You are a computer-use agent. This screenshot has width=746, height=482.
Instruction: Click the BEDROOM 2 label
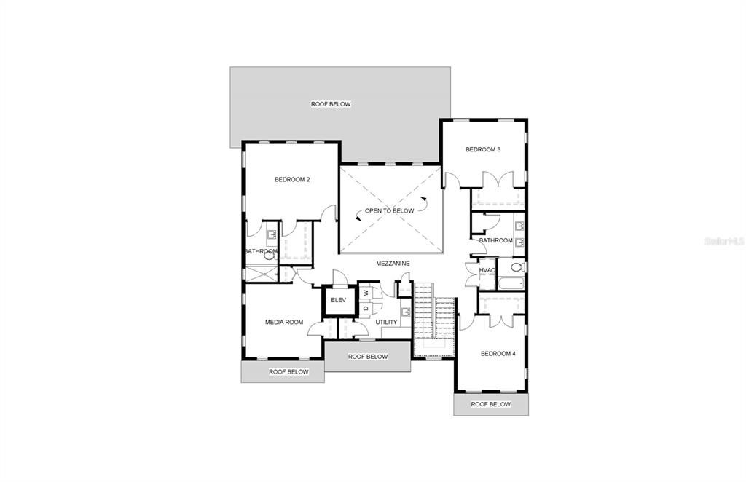point(292,180)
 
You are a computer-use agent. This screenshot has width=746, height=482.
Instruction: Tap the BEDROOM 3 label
point(483,149)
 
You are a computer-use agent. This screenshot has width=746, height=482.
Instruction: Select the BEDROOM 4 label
point(498,354)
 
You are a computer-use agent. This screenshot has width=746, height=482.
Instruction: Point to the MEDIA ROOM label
point(284,323)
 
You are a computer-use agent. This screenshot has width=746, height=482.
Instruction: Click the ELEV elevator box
point(338,301)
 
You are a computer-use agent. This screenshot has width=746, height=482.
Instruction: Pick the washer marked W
point(366,293)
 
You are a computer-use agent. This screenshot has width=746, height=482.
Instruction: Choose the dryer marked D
point(366,308)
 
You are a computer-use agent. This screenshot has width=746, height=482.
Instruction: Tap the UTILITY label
point(386,323)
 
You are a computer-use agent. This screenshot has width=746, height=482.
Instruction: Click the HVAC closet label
point(487,270)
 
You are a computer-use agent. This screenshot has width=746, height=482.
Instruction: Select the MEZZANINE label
point(393,264)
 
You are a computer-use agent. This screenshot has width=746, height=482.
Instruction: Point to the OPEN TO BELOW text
point(390,210)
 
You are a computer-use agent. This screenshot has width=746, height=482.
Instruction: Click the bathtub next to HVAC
point(511,283)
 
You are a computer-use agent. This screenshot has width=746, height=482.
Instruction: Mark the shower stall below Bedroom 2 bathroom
point(261,274)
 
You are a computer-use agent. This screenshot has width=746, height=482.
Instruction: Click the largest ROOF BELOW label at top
point(331,104)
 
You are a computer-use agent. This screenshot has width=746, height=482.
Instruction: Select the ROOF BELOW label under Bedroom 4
point(490,405)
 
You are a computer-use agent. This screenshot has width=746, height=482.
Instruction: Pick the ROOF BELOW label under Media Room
point(288,372)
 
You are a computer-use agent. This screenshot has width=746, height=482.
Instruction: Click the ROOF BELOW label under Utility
point(368,357)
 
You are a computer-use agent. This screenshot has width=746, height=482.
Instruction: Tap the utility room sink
point(406,312)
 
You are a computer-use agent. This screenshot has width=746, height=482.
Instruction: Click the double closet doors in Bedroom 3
point(498,180)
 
